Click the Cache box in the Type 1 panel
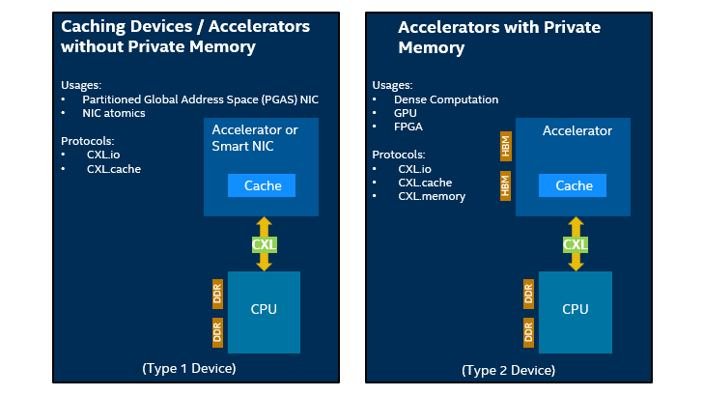coord(263,185)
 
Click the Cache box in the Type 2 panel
coord(575,185)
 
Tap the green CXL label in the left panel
coord(264,244)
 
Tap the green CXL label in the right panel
coord(575,244)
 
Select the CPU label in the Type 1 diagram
coord(264,309)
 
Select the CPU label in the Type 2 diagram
coord(576,309)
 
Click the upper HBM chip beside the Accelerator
coord(505,146)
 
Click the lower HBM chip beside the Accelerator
coord(505,184)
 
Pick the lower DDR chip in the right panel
coord(529,332)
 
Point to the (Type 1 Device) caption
coord(188,368)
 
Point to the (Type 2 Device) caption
coord(508,369)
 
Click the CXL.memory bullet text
coord(432,196)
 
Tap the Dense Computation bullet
coord(447,99)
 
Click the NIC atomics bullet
coord(114,113)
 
